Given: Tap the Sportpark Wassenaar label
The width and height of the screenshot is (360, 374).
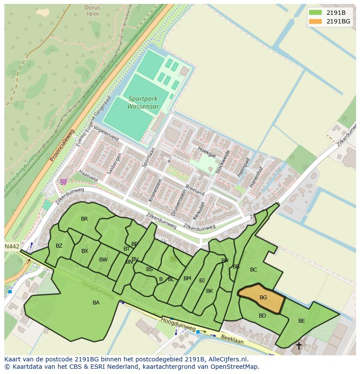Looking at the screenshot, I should (143, 103).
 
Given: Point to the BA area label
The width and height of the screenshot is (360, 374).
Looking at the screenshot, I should (96, 303).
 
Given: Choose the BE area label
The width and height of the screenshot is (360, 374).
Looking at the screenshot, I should (301, 321).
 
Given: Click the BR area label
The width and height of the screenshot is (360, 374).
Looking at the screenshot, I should (84, 219).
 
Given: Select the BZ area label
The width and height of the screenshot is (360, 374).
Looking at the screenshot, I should (59, 246).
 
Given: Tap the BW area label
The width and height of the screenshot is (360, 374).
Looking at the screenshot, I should (103, 260).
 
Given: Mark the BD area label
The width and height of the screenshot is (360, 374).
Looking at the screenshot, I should (262, 316).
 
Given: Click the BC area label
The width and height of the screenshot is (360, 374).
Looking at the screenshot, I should (253, 270).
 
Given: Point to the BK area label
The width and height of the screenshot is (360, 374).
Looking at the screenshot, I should (210, 291).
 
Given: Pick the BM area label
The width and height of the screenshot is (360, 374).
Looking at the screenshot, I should (187, 278).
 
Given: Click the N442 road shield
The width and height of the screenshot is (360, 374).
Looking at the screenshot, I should (12, 246).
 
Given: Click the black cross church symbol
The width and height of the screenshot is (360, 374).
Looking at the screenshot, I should (299, 346).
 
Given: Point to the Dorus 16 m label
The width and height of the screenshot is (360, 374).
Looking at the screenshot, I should (92, 10).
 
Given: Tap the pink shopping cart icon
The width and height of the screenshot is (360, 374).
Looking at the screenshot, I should (63, 182).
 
